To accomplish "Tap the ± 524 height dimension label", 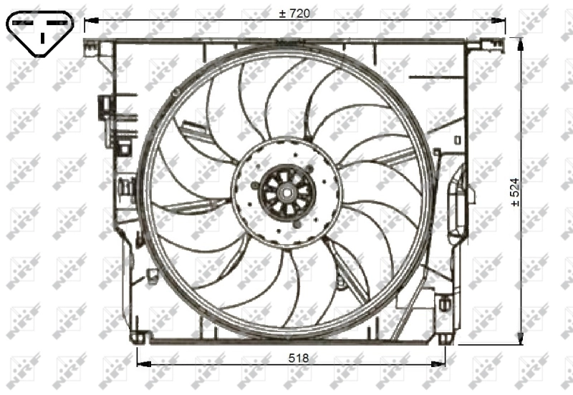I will [515, 191].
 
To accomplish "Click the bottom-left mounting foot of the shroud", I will [138, 337].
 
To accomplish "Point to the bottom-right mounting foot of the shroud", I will [445, 337].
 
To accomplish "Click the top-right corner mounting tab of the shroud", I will [476, 45].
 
